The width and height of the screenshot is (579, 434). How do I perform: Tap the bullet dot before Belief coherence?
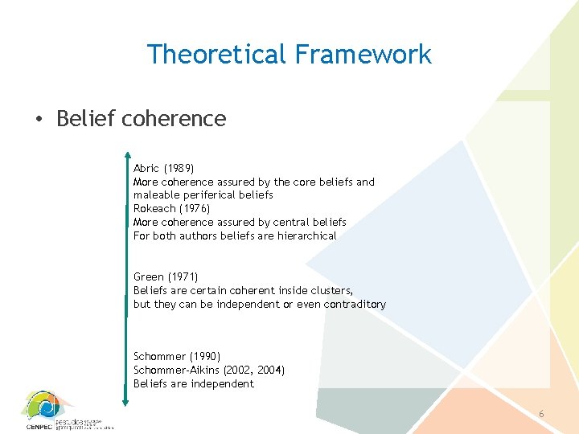(x=39, y=120)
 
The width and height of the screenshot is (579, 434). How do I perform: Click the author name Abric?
(x=146, y=169)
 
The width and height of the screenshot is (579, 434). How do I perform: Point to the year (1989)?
(x=179, y=169)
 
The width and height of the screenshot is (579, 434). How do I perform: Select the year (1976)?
(x=196, y=209)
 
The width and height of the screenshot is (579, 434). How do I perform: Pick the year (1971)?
(x=183, y=277)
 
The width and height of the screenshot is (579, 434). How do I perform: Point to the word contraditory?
(x=355, y=304)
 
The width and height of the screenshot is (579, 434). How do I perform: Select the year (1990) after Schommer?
(x=203, y=356)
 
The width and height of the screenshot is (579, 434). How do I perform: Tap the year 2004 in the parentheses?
(x=269, y=370)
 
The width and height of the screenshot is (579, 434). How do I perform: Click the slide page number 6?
(x=541, y=414)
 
